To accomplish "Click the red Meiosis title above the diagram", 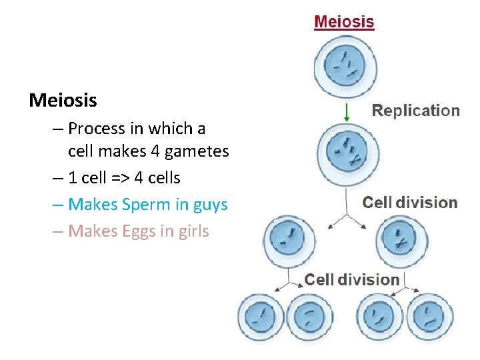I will pyautogui.click(x=344, y=21).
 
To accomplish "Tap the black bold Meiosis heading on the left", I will pyautogui.click(x=63, y=101).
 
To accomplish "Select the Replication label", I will pyautogui.click(x=415, y=111).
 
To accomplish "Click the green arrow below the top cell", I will pyautogui.click(x=346, y=111).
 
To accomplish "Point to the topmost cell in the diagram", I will pyautogui.click(x=345, y=65).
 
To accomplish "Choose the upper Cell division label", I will pyautogui.click(x=409, y=202).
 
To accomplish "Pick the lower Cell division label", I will pyautogui.click(x=352, y=279).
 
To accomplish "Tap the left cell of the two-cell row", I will pyautogui.click(x=289, y=237).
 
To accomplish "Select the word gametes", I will pyautogui.click(x=198, y=151).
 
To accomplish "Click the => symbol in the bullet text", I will pyautogui.click(x=121, y=178).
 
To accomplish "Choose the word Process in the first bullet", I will pyautogui.click(x=96, y=127).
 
